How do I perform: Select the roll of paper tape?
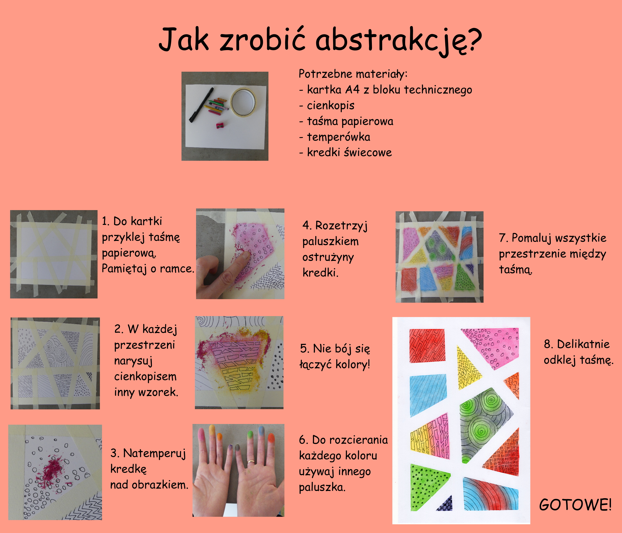coord(244,102)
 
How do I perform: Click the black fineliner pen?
coord(201,105)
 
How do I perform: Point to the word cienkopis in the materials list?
coord(331,106)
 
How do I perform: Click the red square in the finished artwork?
coord(427,345)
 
